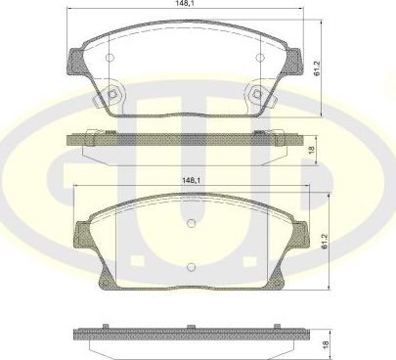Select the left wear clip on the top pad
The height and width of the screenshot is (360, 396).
point(115,95)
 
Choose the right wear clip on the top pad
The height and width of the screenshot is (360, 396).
point(259,95)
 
